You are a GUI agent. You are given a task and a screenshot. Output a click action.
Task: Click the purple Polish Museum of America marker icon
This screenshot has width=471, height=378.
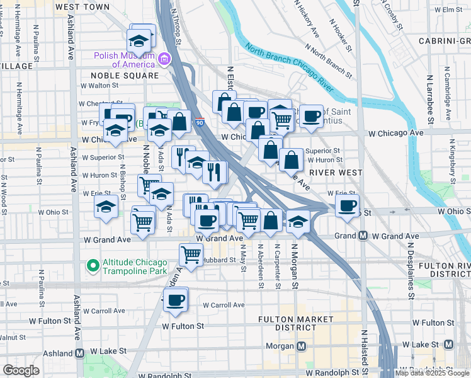[x=164, y=59]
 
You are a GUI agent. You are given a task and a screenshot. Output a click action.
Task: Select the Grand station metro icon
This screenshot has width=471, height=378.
[x=363, y=236]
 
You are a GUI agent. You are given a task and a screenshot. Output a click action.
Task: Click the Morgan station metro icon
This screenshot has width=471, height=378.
[x=302, y=346]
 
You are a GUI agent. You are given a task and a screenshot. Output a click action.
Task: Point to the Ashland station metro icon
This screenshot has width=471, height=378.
[x=80, y=353]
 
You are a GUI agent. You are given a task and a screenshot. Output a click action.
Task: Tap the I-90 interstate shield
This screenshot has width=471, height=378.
[x=199, y=123]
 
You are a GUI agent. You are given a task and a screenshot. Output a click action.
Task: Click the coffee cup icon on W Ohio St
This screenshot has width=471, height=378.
[x=346, y=205]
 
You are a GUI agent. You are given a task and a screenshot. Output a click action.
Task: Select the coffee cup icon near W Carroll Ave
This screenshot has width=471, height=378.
[x=176, y=299]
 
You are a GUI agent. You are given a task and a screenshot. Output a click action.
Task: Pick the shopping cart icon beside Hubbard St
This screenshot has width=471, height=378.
[x=191, y=255]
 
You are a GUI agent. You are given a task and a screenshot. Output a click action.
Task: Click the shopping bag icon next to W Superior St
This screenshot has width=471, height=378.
[x=292, y=160]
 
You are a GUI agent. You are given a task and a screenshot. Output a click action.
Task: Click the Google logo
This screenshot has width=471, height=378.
[x=21, y=370]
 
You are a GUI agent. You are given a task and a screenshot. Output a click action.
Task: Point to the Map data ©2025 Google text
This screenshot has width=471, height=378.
[x=432, y=373]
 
